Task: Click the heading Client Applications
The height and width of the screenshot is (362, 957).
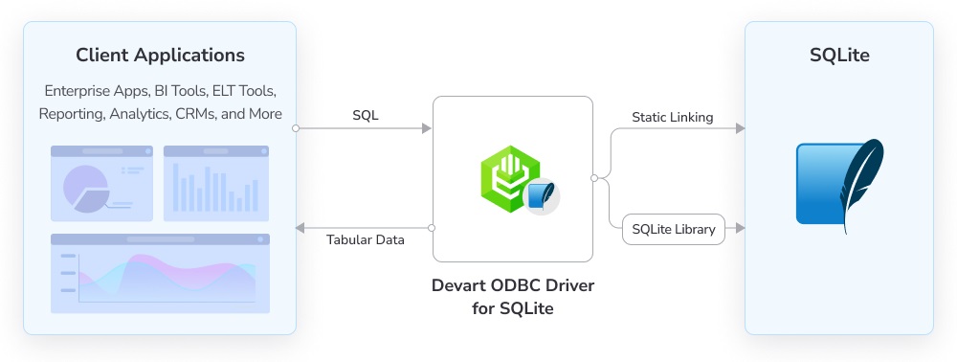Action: (x=160, y=55)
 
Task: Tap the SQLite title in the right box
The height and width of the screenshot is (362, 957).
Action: (x=839, y=55)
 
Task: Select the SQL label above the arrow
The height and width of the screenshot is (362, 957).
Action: (x=365, y=115)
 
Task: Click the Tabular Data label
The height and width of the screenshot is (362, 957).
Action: (x=365, y=239)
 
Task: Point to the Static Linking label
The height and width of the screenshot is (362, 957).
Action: (x=672, y=117)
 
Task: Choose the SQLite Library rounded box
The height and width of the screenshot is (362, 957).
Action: (x=674, y=229)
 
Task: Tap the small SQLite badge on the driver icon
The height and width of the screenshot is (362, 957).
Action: (x=541, y=194)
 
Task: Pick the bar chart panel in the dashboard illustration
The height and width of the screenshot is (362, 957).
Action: (x=215, y=183)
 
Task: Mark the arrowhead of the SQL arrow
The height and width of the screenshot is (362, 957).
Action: (x=427, y=127)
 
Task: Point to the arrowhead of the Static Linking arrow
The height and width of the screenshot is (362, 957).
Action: (x=740, y=127)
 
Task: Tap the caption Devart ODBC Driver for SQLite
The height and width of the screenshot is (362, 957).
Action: (x=505, y=297)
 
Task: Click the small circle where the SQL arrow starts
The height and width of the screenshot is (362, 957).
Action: (x=297, y=127)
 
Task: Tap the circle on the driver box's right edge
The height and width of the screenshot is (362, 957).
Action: (x=594, y=178)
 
